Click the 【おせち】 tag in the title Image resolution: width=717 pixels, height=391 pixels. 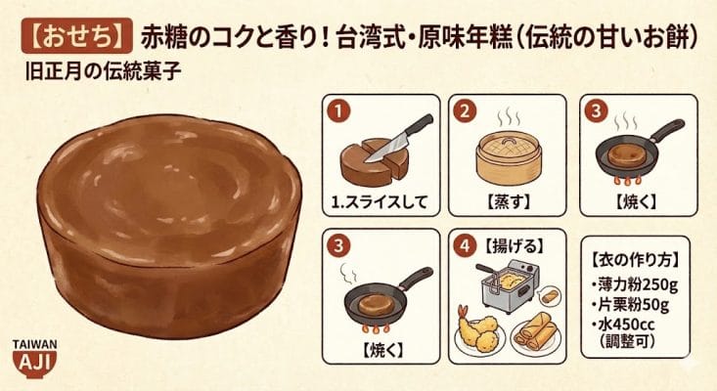[69, 39]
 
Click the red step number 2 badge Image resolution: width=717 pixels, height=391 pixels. [466, 110]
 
